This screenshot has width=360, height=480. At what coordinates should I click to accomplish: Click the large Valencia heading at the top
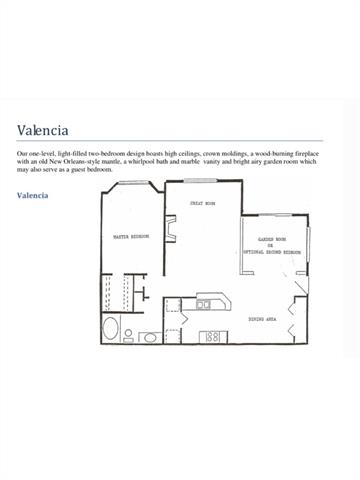[42, 130]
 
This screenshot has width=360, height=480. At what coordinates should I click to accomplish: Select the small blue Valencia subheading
[32, 195]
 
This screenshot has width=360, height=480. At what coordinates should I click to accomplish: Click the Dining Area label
[263, 318]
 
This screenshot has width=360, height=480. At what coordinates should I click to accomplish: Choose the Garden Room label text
[273, 240]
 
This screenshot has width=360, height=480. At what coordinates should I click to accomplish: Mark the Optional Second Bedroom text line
[272, 253]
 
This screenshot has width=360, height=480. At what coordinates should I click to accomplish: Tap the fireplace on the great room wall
[171, 236]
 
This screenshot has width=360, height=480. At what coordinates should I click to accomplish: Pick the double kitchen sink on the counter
[205, 304]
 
